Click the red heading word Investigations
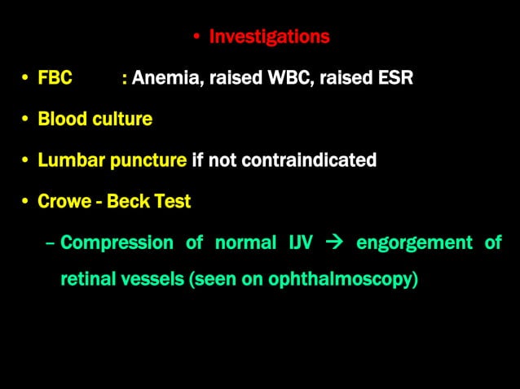[x=269, y=37]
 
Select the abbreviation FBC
[x=55, y=78]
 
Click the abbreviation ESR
[x=394, y=78]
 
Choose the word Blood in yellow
[x=60, y=119]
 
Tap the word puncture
[x=148, y=160]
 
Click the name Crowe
[x=64, y=201]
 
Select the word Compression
[x=117, y=243]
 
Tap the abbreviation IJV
[x=297, y=243]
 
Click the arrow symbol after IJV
[x=334, y=243]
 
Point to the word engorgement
[x=414, y=243]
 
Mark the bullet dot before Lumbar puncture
[x=26, y=160]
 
